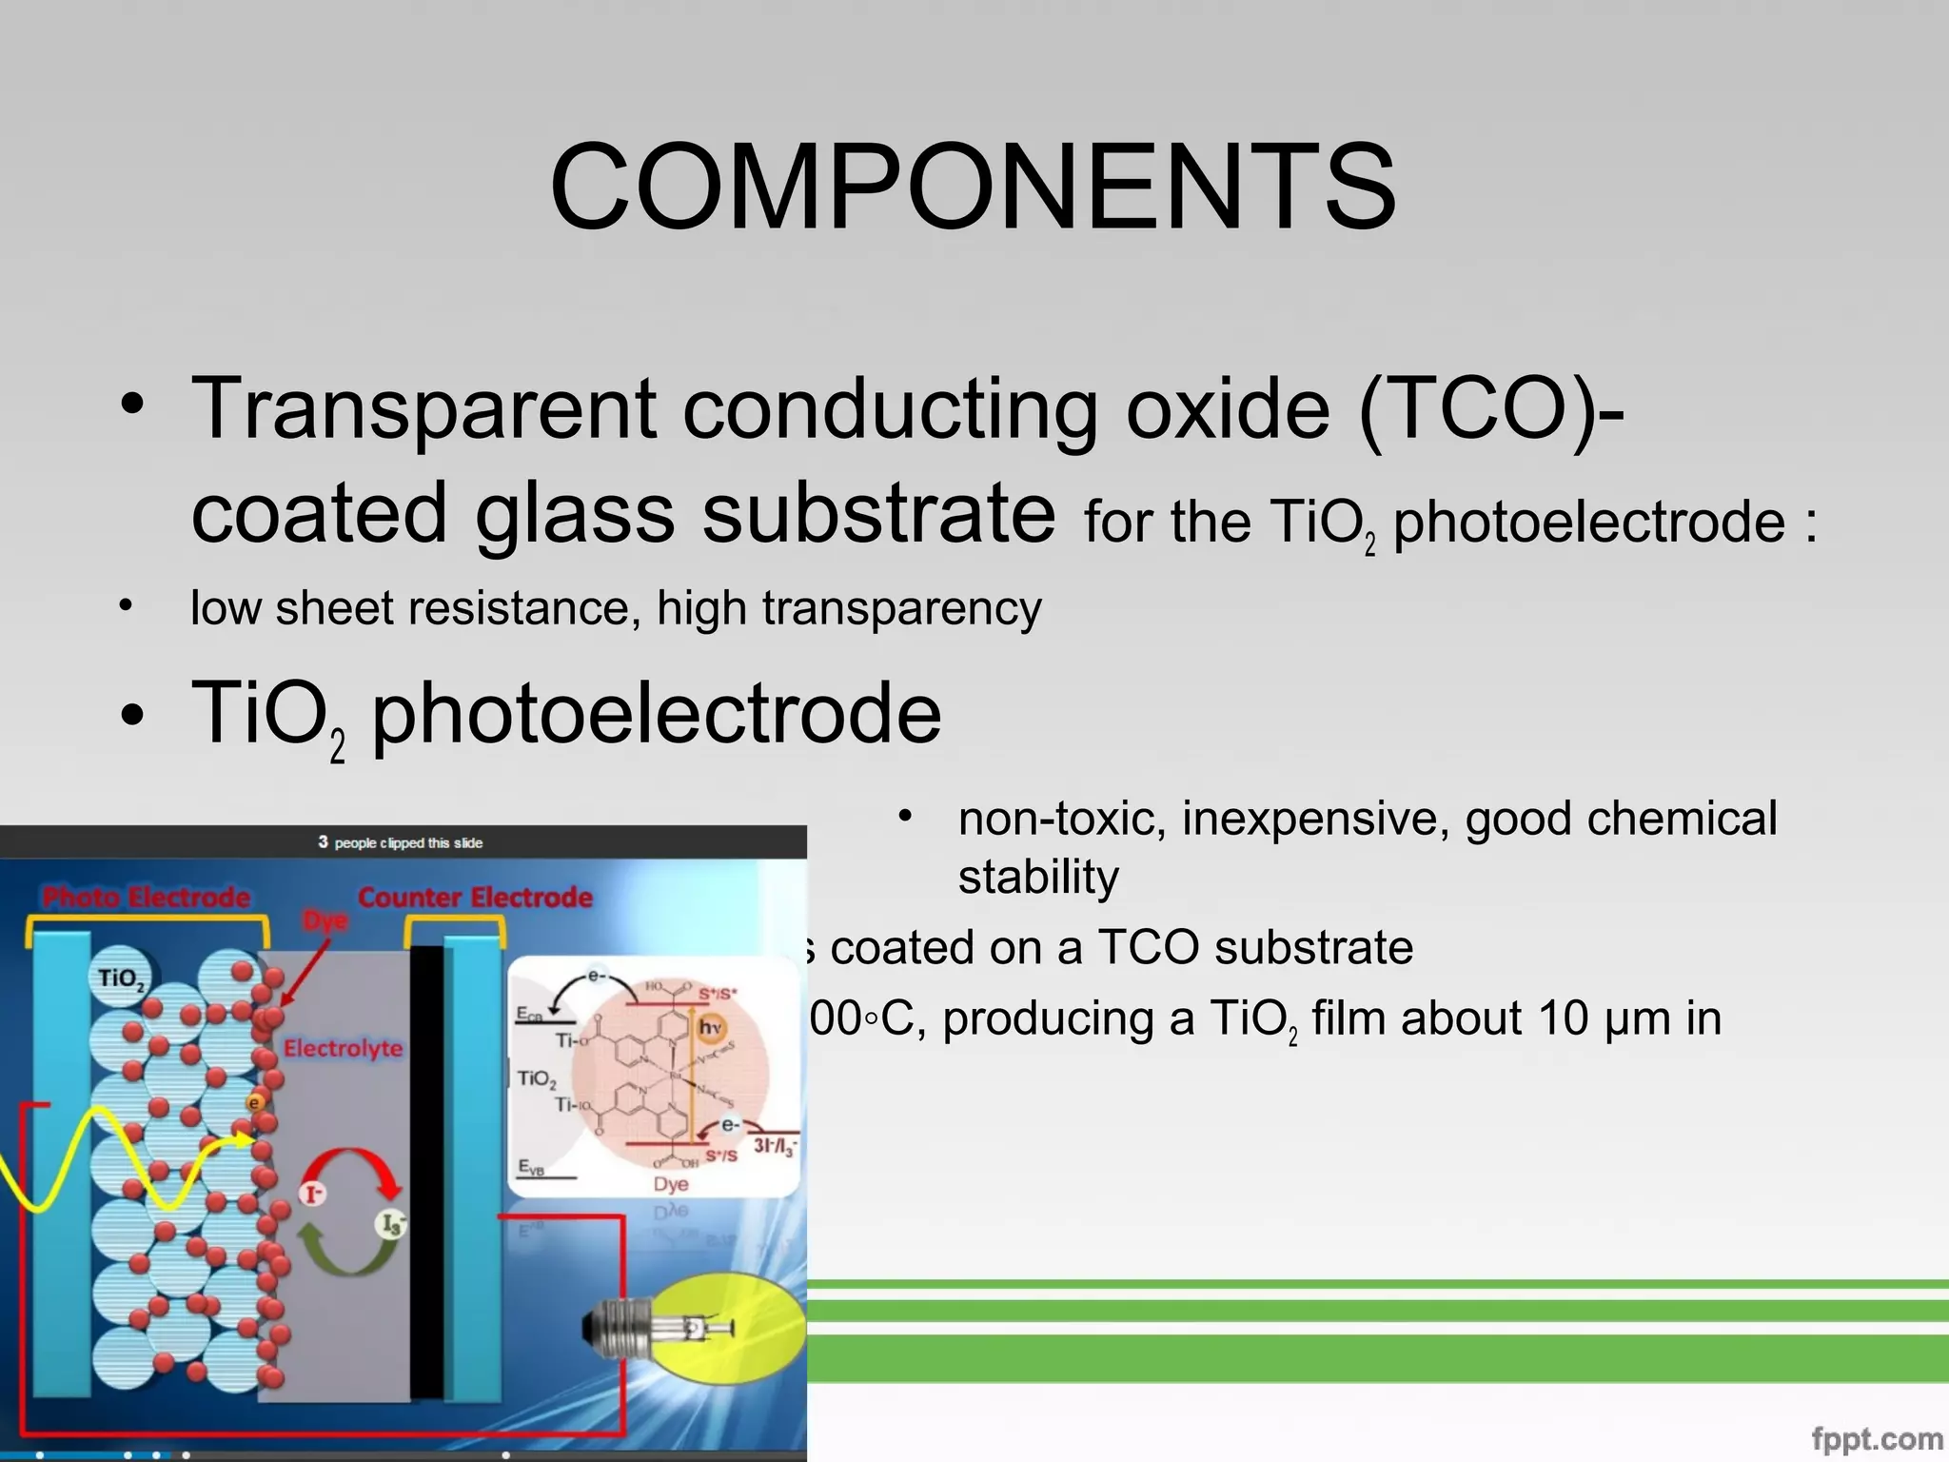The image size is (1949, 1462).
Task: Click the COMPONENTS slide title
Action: coord(973,187)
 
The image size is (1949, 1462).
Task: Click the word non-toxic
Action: coord(1061,819)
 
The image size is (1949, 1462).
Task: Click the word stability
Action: coord(1037,877)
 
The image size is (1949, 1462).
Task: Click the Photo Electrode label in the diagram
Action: coord(147,897)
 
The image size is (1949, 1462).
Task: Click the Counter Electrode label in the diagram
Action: coord(474,897)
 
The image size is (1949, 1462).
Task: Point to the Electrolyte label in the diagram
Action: coord(343,1048)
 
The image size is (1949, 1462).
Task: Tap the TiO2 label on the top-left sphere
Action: coord(121,978)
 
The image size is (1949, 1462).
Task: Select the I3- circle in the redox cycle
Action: coord(391,1223)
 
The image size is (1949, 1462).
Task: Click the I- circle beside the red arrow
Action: coord(312,1193)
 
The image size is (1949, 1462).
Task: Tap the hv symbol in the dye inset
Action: coord(710,1028)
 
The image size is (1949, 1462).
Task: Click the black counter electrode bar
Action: coord(426,1171)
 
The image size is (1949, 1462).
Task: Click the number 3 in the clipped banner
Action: coord(323,842)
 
